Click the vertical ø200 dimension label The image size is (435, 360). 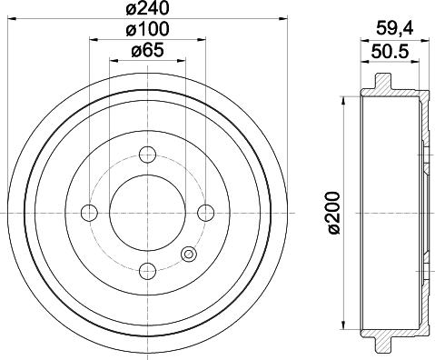(x=335, y=214)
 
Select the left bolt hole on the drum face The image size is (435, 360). (x=89, y=212)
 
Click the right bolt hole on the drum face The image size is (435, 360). (x=205, y=212)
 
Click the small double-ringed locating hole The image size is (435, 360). (x=188, y=255)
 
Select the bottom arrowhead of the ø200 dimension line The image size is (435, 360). (x=344, y=327)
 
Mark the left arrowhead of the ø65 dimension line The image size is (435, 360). (x=114, y=62)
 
